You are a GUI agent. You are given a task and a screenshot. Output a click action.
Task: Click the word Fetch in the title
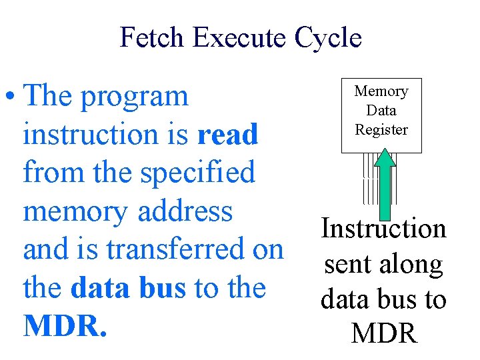point(153,37)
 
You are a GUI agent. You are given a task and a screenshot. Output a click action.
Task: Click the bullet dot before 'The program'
point(11,97)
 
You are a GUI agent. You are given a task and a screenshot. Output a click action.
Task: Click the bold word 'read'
point(227,135)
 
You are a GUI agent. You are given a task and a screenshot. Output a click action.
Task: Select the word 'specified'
point(197,173)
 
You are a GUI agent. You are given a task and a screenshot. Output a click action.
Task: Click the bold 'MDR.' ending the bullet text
point(65,326)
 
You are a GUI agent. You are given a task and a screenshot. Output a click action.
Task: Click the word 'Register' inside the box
point(381,130)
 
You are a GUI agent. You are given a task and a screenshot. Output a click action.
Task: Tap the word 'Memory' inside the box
point(381,91)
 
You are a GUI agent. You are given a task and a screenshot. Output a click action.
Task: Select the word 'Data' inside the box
point(381,111)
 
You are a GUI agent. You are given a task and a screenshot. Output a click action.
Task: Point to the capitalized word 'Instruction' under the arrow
point(383,229)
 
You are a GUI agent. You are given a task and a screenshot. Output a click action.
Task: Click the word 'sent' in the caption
point(346,265)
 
